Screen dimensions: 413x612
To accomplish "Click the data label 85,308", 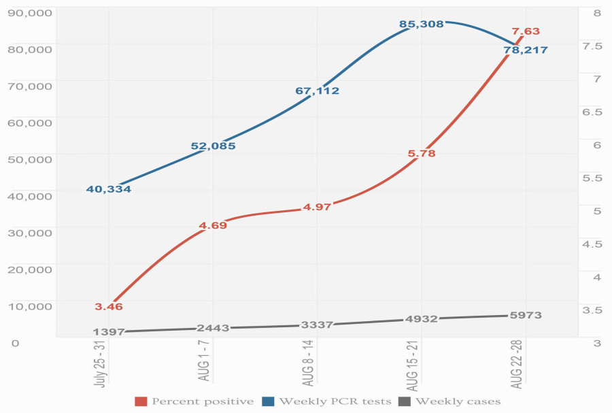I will pyautogui.click(x=422, y=24).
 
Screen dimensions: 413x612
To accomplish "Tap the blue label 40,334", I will pyautogui.click(x=109, y=189).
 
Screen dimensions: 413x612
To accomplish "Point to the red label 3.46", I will pyautogui.click(x=109, y=308).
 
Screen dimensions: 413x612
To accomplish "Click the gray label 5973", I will pyautogui.click(x=526, y=316).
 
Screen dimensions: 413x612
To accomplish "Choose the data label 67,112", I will pyautogui.click(x=317, y=90).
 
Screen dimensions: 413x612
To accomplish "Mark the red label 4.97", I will pyautogui.click(x=317, y=206).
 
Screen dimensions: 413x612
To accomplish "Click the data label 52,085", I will pyautogui.click(x=213, y=146).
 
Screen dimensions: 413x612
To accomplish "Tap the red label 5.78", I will pyautogui.click(x=422, y=154).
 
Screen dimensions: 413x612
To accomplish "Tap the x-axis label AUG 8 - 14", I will pyautogui.click(x=309, y=365).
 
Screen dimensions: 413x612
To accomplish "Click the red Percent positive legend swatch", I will pyautogui.click(x=141, y=401).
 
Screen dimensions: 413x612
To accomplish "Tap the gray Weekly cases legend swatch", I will pyautogui.click(x=405, y=401).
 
